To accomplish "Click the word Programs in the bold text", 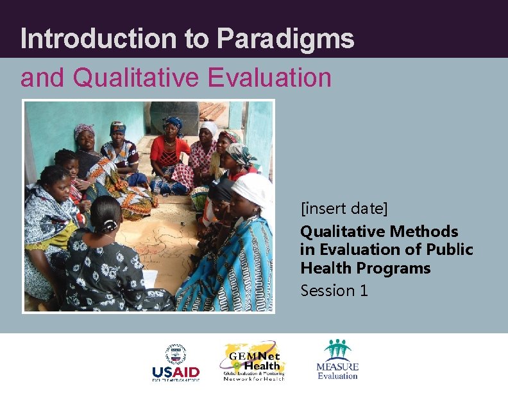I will pos(398,268).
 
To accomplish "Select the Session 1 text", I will pos(334,290).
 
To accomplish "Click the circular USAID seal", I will pos(175,354).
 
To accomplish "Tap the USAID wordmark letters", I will pos(175,372).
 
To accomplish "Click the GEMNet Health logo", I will pos(253,362).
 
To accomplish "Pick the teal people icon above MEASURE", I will pos(337,351).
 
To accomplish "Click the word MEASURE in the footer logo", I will pos(337,367).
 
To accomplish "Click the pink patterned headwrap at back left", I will pos(84,130).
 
